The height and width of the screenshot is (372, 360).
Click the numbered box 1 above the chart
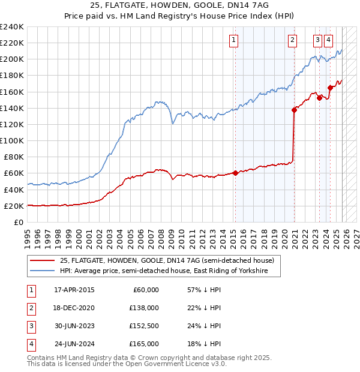pos(233,40)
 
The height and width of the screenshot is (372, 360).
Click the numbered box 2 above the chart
pos(292,40)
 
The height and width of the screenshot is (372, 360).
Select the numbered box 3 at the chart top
pos(317,40)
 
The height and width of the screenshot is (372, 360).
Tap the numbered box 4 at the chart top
pos(329,40)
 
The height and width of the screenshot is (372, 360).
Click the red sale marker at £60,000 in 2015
pos(235,173)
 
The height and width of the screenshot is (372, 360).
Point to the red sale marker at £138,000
pos(294,109)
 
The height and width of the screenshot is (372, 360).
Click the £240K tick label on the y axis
pos(12,27)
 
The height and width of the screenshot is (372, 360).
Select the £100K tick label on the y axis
pos(12,140)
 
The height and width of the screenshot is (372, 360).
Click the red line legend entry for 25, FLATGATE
pos(167,260)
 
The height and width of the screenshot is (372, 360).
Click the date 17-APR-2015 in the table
pos(74,290)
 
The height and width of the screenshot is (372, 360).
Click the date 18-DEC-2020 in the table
pos(74,308)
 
